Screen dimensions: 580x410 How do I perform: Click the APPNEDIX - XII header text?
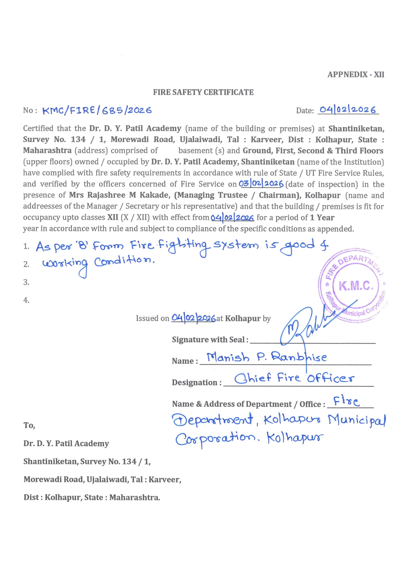(x=355, y=75)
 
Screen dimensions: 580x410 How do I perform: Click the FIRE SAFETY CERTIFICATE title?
(x=203, y=92)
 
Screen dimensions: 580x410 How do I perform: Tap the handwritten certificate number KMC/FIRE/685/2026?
(x=97, y=110)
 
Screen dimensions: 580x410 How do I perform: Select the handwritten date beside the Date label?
(x=348, y=110)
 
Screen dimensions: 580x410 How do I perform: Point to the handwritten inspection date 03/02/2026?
(x=261, y=184)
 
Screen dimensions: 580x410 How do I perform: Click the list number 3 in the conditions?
(x=26, y=282)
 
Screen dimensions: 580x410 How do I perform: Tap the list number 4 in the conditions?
(x=26, y=300)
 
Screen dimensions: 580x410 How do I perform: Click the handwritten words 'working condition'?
(x=99, y=264)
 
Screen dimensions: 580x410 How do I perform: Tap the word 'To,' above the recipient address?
(x=29, y=426)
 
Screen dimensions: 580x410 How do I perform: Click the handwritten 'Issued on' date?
(x=193, y=318)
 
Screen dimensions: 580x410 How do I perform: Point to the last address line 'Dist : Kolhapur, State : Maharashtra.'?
(x=92, y=498)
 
